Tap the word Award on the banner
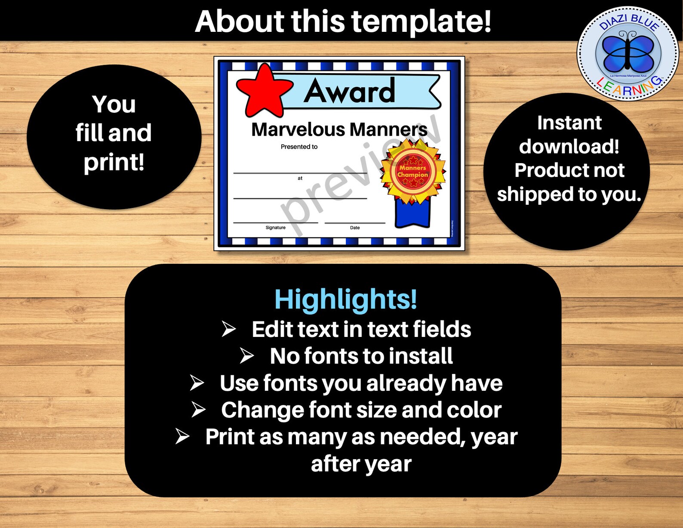click(x=349, y=91)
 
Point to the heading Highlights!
click(x=346, y=299)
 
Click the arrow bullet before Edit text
click(x=229, y=329)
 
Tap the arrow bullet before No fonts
click(x=247, y=356)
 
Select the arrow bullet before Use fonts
click(x=197, y=383)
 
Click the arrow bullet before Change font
click(x=198, y=410)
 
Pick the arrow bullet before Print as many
click(x=182, y=436)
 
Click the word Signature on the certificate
click(x=275, y=228)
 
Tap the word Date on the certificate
click(x=355, y=228)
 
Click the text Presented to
click(x=299, y=147)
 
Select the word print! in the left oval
click(x=114, y=162)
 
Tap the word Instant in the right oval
click(x=569, y=123)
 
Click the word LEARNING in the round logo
click(x=628, y=89)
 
